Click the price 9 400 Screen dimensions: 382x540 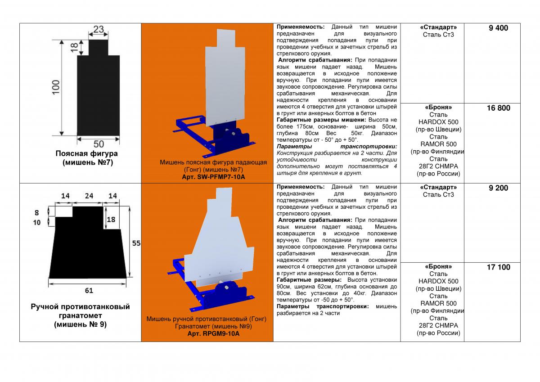click(498, 28)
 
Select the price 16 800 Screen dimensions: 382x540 click(498, 108)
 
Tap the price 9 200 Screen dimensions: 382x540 click(498, 188)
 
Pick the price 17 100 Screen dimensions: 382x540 click(498, 267)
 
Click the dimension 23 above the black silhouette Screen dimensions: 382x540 click(99, 30)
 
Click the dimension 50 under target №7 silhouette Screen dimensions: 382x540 click(99, 144)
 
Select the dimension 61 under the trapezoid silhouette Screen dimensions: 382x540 click(89, 290)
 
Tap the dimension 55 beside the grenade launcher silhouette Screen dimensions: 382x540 click(136, 243)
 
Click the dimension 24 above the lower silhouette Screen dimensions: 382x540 click(88, 196)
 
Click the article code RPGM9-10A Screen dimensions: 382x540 click(213, 334)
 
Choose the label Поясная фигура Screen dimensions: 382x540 click(87, 153)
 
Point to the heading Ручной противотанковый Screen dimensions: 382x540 click(80, 307)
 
